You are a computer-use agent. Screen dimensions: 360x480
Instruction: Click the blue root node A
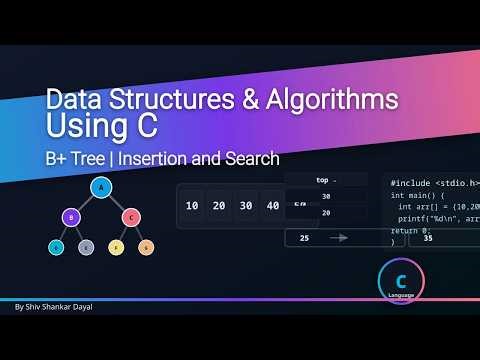[x=100, y=187]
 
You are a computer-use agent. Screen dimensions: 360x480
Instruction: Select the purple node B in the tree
[x=70, y=216]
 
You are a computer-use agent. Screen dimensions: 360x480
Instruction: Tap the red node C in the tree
[x=130, y=216]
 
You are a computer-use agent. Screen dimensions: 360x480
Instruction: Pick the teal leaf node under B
[x=56, y=246]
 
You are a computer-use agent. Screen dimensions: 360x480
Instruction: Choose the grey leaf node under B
[x=85, y=246]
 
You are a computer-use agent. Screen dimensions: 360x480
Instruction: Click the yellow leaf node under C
[x=116, y=246]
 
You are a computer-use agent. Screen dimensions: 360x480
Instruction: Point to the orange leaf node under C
[x=146, y=246]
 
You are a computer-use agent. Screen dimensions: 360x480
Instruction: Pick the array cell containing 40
[x=271, y=207]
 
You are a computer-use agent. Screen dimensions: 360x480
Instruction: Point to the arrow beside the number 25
[x=340, y=238]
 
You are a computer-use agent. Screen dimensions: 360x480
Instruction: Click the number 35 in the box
[x=428, y=238]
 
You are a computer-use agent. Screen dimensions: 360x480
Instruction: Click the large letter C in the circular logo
[x=401, y=281]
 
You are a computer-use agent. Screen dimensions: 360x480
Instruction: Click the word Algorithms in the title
[x=324, y=102]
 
